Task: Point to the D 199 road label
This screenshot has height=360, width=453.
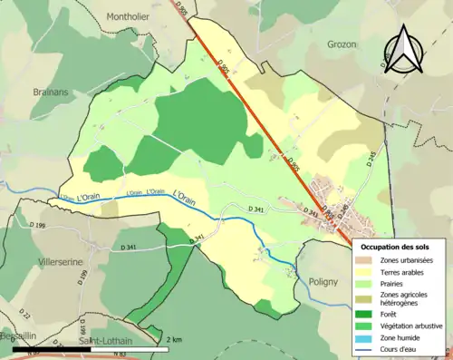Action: tap(37, 224)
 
